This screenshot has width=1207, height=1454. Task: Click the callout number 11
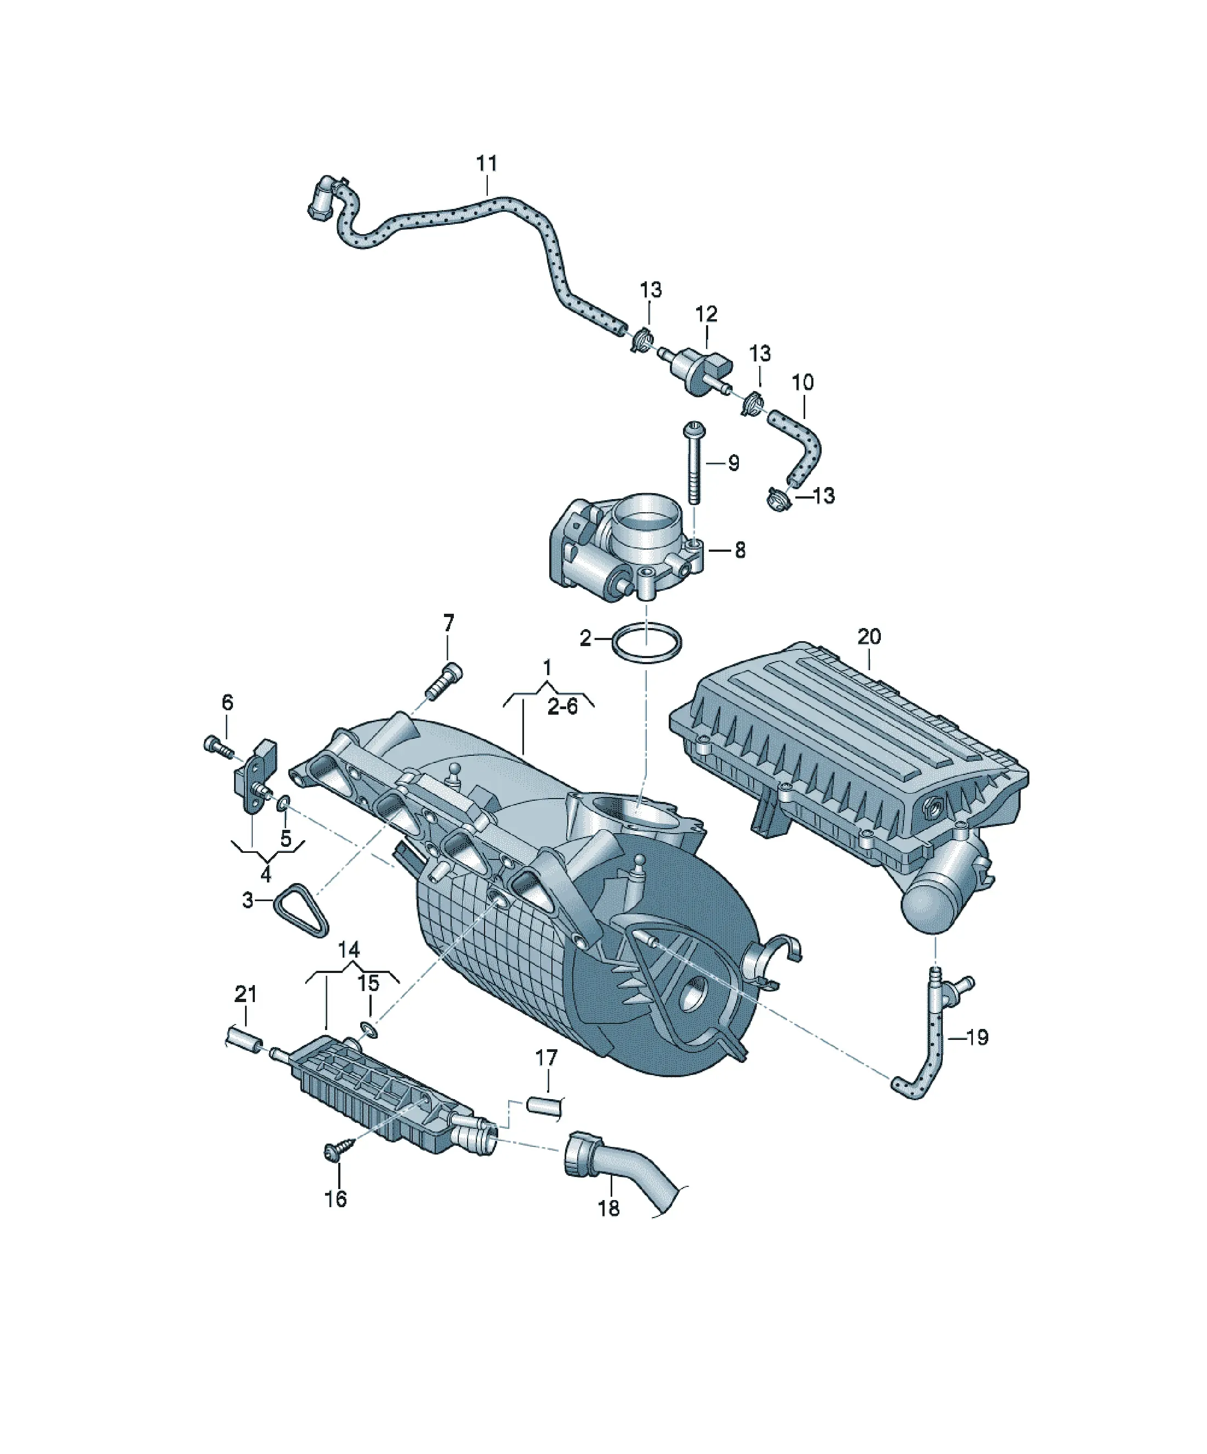tap(487, 164)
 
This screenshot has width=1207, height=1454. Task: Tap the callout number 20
tap(869, 636)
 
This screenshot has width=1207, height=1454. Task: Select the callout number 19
tap(977, 1056)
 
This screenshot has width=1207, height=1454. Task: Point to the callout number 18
tap(608, 1208)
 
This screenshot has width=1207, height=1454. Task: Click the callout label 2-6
tap(562, 707)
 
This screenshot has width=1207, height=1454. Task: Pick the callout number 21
tap(246, 994)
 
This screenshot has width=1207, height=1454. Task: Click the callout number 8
tap(740, 551)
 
